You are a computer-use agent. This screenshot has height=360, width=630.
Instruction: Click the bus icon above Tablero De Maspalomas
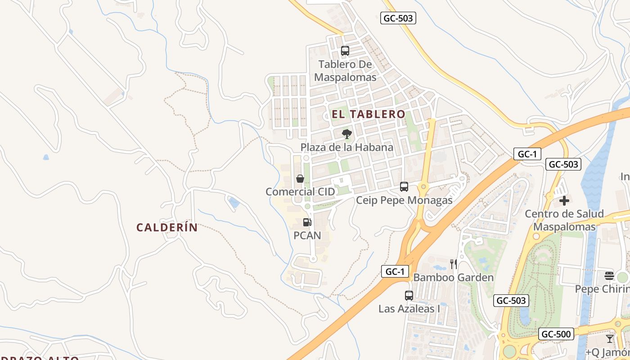[x=345, y=51]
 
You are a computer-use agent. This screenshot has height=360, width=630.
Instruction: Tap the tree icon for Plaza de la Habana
[x=346, y=134]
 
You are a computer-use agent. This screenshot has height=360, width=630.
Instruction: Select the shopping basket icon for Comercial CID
[x=300, y=179]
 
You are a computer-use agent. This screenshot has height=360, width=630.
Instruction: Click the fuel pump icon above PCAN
[x=307, y=222]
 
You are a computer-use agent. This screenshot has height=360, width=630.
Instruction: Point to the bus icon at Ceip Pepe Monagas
[x=404, y=187]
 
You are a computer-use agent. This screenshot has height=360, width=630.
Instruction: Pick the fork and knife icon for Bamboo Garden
[x=454, y=264]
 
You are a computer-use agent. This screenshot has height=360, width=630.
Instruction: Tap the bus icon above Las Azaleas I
[x=409, y=296]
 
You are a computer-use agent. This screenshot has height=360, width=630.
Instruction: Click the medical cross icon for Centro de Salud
[x=564, y=201]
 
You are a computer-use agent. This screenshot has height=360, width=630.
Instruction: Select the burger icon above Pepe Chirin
[x=609, y=275]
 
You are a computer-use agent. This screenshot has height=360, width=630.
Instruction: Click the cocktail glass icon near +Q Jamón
[x=610, y=338]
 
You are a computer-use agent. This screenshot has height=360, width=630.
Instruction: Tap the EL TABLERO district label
[x=369, y=114]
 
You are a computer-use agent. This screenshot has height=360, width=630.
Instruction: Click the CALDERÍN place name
[x=167, y=228]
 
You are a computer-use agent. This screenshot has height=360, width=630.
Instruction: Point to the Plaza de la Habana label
[x=346, y=147]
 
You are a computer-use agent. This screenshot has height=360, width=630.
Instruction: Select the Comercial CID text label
[x=300, y=192]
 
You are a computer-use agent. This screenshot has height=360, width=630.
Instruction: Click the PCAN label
[x=307, y=235]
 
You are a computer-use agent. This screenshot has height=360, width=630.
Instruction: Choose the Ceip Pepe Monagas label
[x=404, y=200]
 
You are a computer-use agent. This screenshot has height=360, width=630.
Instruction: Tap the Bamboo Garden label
[x=454, y=277]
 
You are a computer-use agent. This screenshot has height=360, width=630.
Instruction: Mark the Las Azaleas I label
[x=409, y=309]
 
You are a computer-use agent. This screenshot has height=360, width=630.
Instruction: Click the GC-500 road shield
[x=556, y=334]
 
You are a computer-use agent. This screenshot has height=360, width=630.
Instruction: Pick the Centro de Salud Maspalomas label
[x=564, y=220]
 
